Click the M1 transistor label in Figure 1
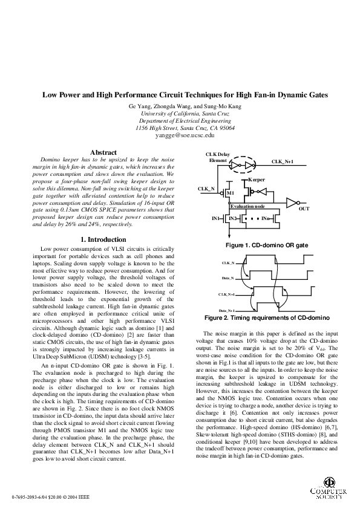(231, 193)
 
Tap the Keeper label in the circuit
(257, 180)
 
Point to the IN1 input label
(217, 218)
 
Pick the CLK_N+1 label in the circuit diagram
(283, 162)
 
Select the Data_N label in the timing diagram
(228, 278)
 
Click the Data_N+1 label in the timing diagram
(226, 310)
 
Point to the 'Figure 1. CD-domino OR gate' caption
(267, 246)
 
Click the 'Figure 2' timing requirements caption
(267, 317)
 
